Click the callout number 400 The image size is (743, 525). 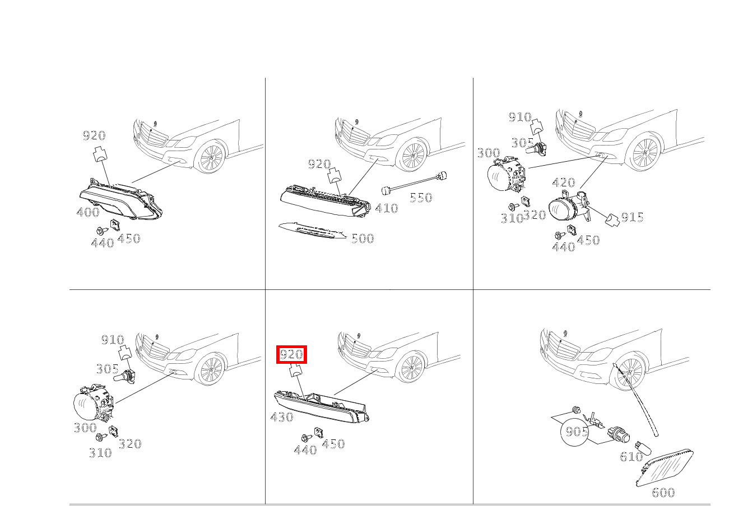click(x=88, y=212)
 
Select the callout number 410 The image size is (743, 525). click(x=387, y=208)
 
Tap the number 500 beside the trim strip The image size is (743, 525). click(x=363, y=238)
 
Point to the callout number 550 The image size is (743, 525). click(x=421, y=198)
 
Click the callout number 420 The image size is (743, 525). click(x=564, y=182)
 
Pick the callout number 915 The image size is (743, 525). click(x=632, y=217)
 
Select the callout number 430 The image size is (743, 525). click(x=282, y=417)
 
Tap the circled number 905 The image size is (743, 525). click(x=577, y=432)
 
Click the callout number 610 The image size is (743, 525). click(x=631, y=457)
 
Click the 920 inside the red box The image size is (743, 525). click(x=291, y=354)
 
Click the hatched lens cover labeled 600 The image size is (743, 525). click(x=665, y=468)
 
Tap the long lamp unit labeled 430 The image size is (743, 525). click(x=322, y=407)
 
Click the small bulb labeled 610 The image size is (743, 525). click(x=643, y=448)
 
